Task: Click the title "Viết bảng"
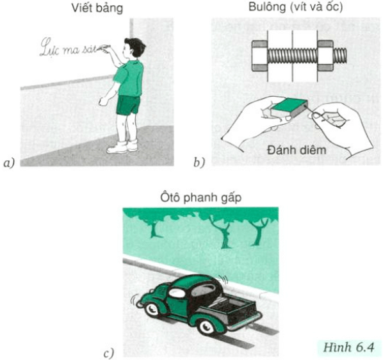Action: point(97,8)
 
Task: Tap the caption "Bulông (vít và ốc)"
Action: point(295,7)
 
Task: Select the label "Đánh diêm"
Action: point(297,150)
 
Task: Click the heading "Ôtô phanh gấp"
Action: point(200,197)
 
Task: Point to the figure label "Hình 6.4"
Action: point(348,347)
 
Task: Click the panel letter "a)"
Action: point(9,163)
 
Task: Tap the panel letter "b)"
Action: point(199,163)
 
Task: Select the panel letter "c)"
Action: point(109,354)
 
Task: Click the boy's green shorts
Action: point(127,105)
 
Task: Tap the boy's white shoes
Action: point(122,147)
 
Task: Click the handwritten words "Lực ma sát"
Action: point(69,47)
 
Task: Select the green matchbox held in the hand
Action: point(289,108)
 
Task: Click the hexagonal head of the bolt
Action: point(259,56)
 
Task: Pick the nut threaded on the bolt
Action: point(325,56)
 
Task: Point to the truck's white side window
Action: point(176,292)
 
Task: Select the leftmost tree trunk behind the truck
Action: point(154,230)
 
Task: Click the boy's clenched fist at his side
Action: point(104,101)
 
